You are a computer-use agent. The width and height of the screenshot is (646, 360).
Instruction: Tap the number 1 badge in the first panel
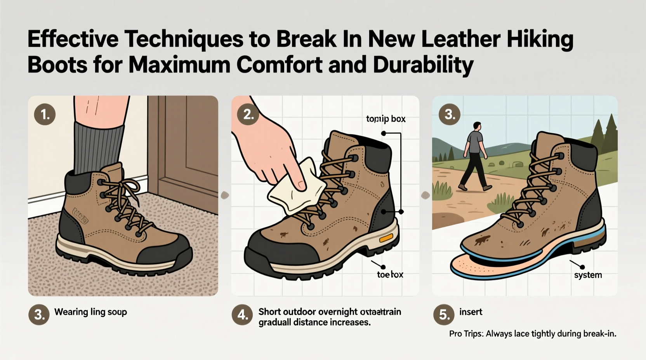tap(45, 114)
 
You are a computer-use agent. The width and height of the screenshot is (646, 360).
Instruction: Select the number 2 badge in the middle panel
tap(248, 114)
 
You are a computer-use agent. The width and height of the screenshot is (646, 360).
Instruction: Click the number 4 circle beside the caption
tap(242, 315)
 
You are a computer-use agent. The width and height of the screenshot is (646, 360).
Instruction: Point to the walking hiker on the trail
tap(474, 157)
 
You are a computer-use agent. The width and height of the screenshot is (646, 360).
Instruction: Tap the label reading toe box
tap(390, 275)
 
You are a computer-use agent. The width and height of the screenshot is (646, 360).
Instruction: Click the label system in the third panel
tap(588, 275)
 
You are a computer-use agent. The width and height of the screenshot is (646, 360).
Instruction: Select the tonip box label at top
tap(386, 119)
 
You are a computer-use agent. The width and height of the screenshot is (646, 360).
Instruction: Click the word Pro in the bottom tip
tap(456, 334)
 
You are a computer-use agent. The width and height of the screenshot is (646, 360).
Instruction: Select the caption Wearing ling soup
tap(90, 312)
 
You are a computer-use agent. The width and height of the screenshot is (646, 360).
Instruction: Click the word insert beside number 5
tap(471, 312)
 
